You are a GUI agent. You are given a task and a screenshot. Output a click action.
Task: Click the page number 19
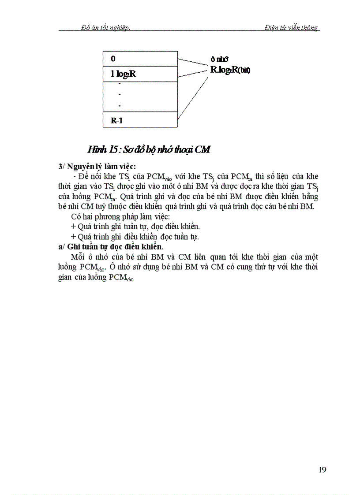click(322, 469)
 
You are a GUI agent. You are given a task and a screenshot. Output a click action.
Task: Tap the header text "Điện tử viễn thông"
click(291, 27)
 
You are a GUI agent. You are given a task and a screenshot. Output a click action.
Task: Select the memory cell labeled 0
click(140, 59)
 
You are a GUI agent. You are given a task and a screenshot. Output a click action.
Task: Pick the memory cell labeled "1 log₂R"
click(140, 74)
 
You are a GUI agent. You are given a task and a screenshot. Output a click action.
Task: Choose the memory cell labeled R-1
click(140, 119)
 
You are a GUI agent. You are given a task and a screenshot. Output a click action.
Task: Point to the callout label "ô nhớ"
click(219, 60)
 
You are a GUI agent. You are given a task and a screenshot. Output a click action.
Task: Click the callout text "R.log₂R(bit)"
click(230, 70)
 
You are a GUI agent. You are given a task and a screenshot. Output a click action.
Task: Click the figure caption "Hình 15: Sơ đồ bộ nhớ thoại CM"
click(148, 150)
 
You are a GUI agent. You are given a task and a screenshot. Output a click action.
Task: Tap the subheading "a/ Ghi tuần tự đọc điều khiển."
click(110, 246)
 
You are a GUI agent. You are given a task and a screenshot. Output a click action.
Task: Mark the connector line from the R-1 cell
click(192, 94)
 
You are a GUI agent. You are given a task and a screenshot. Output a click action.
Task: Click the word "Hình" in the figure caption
click(95, 150)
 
